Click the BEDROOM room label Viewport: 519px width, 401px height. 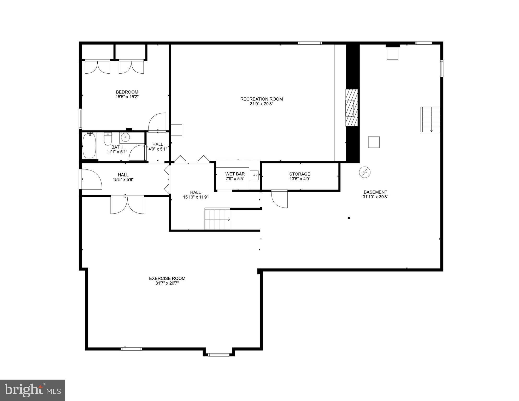pyautogui.click(x=127, y=92)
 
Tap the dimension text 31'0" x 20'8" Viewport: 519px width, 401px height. pyautogui.click(x=261, y=104)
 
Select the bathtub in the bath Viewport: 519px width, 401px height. pyautogui.click(x=89, y=145)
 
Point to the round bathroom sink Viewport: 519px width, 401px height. pyautogui.click(x=125, y=137)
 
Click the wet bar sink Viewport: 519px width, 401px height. pyautogui.click(x=254, y=175)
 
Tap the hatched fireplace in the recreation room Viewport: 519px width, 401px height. pyautogui.click(x=351, y=108)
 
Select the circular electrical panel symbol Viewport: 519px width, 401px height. pyautogui.click(x=365, y=172)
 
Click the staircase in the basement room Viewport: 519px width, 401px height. pyautogui.click(x=430, y=119)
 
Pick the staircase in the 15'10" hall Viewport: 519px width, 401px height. pyautogui.click(x=217, y=219)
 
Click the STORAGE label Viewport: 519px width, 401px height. pyautogui.click(x=300, y=174)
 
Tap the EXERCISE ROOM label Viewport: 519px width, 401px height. pyautogui.click(x=167, y=279)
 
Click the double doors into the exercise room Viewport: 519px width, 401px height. pyautogui.click(x=127, y=205)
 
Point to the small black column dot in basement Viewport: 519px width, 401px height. pyautogui.click(x=349, y=218)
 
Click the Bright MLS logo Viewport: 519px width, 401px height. pyautogui.click(x=33, y=390)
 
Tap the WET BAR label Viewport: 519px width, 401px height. pyautogui.click(x=235, y=174)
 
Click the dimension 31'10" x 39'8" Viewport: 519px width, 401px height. pyautogui.click(x=375, y=197)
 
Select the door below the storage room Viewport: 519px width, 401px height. pyautogui.click(x=280, y=199)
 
